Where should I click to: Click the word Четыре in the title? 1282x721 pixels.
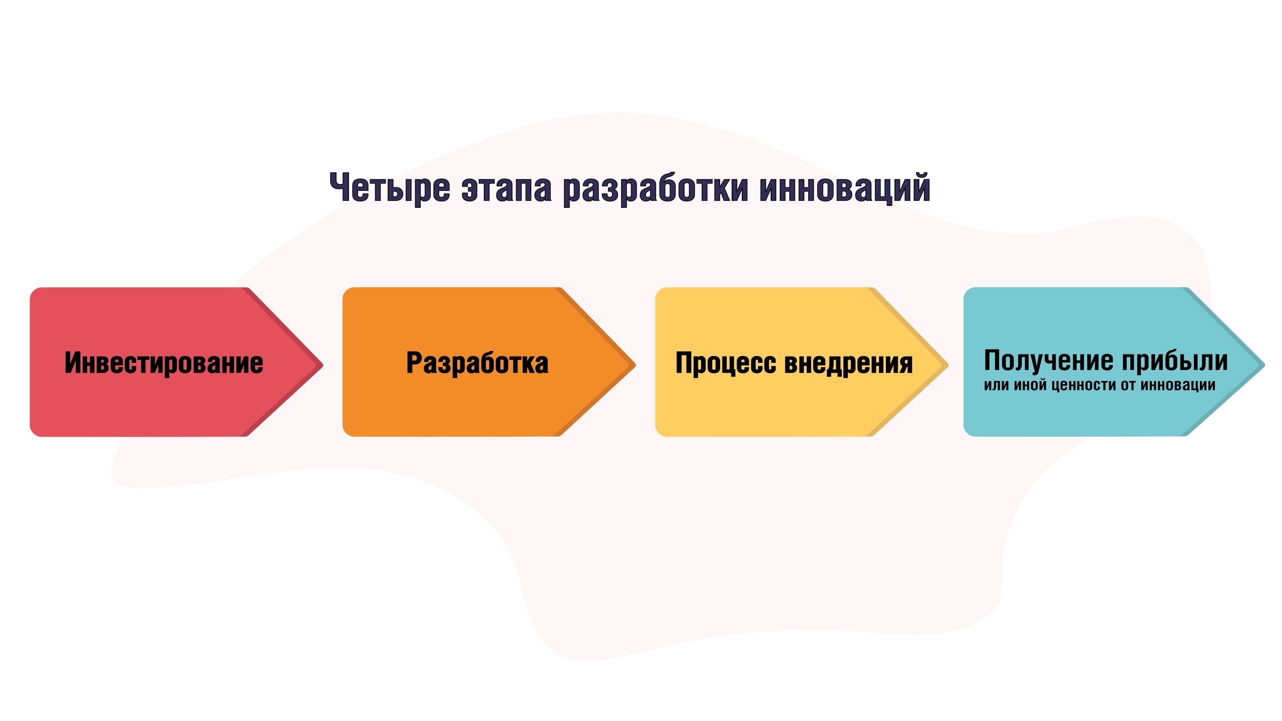[x=390, y=189]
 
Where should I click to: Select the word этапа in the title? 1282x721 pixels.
[x=506, y=189]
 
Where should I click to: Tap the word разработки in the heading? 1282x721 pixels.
[x=656, y=189]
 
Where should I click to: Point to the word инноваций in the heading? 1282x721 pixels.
[x=845, y=188]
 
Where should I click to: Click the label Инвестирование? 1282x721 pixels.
[x=164, y=363]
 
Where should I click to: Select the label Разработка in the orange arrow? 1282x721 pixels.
[x=477, y=363]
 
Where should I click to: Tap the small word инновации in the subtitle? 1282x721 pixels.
[x=1178, y=385]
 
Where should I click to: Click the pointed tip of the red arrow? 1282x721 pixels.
[x=323, y=365]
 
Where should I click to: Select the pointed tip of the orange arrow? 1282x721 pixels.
[x=635, y=365]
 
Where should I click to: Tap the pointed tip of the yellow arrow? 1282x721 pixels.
[x=948, y=365]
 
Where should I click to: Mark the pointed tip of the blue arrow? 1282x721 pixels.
[x=1265, y=365]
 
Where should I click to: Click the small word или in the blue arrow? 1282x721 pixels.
[x=997, y=385]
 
